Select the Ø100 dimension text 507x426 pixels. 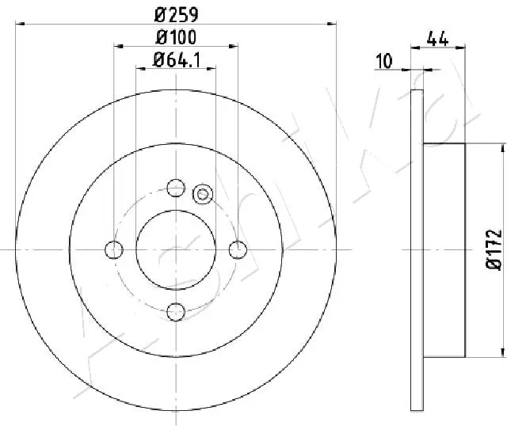pyautogui.click(x=176, y=37)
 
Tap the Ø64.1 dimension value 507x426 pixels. pyautogui.click(x=176, y=59)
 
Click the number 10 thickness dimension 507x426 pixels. pyautogui.click(x=386, y=59)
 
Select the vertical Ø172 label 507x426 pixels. pyautogui.click(x=493, y=249)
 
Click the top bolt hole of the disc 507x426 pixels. pyautogui.click(x=176, y=188)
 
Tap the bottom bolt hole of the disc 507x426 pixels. pyautogui.click(x=176, y=311)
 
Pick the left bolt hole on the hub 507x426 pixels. pyautogui.click(x=114, y=249)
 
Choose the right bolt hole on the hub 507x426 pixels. pyautogui.click(x=238, y=249)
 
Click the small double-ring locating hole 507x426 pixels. pyautogui.click(x=202, y=192)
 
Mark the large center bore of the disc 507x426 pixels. pyautogui.click(x=176, y=249)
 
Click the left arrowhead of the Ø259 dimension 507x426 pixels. pyautogui.click(x=19, y=24)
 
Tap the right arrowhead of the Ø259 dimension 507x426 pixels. pyautogui.click(x=333, y=24)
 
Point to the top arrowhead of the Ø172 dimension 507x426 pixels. pyautogui.click(x=503, y=148)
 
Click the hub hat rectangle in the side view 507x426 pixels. pyautogui.click(x=444, y=249)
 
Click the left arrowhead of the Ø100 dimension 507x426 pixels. pyautogui.click(x=117, y=47)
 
